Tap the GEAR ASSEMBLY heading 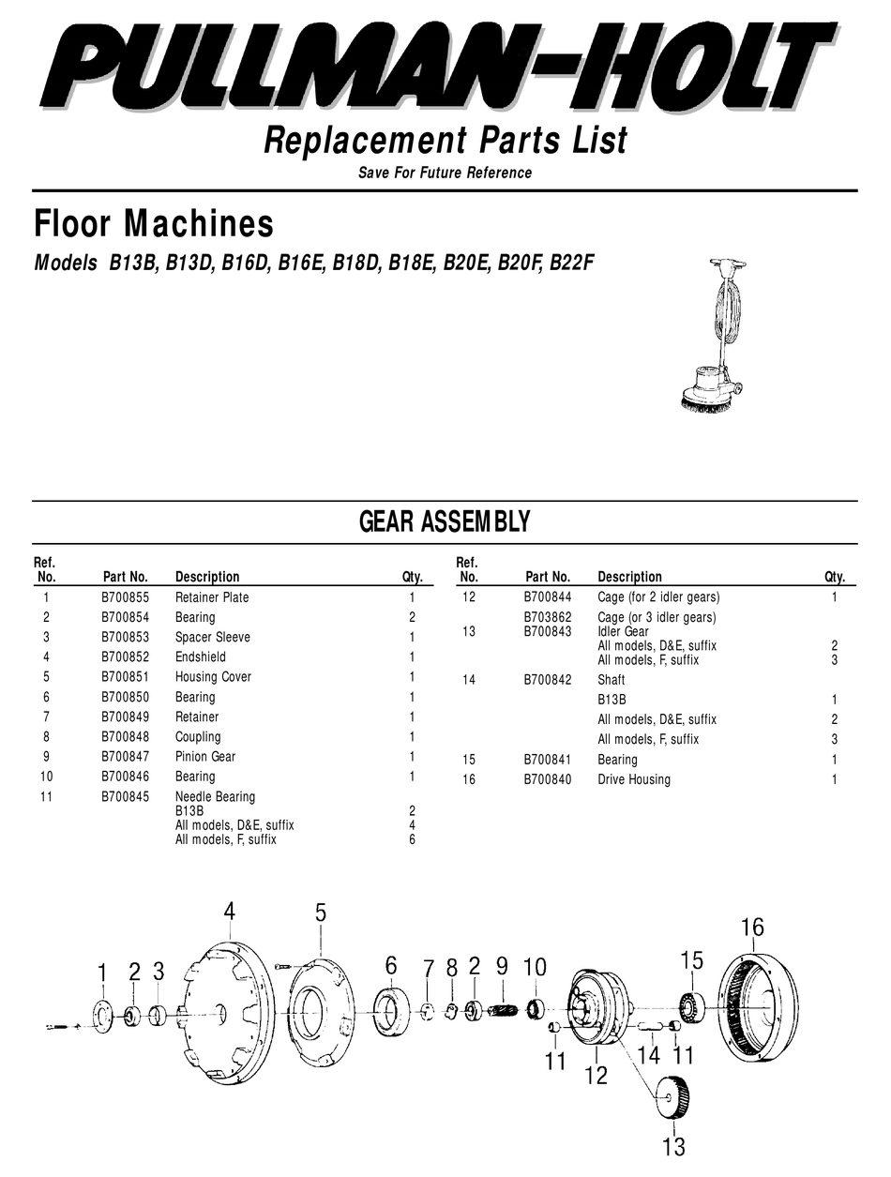[445, 522]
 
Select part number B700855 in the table [125, 597]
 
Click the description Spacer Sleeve [212, 637]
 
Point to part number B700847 [125, 757]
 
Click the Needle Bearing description [215, 796]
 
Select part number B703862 [547, 617]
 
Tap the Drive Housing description [633, 779]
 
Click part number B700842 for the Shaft [547, 680]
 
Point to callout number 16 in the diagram [752, 928]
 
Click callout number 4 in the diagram [229, 911]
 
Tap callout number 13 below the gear [673, 1145]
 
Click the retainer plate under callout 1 [102, 1017]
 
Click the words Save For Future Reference [445, 173]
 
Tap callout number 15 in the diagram [691, 959]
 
